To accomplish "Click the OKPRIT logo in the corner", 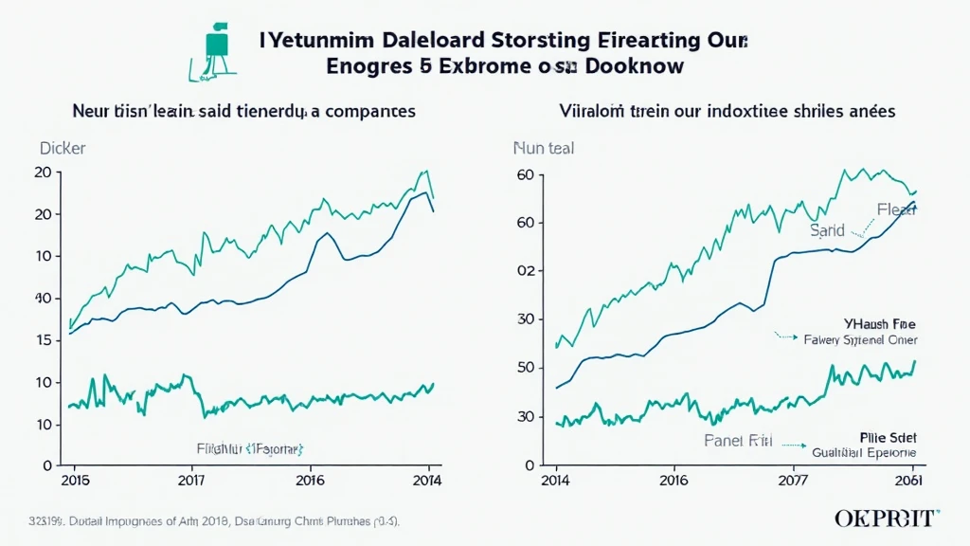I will point(887,518).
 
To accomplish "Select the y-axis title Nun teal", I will point(543,149).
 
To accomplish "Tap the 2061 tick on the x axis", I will point(909,480).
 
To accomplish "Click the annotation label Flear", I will point(896,210).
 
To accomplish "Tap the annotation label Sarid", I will point(827,230).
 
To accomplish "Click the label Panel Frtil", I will point(740,440).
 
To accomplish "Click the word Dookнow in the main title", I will point(633,68).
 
